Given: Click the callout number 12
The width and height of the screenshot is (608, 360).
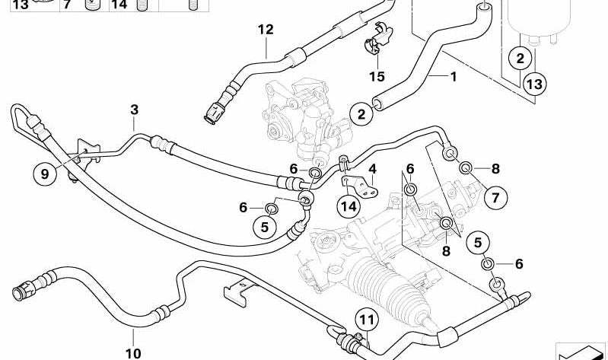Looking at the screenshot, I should tap(265, 30).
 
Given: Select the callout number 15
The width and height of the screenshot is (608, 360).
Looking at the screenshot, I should tap(377, 77).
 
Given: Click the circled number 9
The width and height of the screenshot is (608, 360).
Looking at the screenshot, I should tap(44, 174).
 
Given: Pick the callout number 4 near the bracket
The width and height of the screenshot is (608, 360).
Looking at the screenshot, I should tap(372, 168).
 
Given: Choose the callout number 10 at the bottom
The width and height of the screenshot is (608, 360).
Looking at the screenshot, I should tap(132, 353).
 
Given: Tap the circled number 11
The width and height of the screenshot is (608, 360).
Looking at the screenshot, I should tap(368, 320).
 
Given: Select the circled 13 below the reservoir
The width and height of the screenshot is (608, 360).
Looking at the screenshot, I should tap(534, 82).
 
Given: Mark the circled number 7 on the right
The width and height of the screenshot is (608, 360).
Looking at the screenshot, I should tap(495, 199).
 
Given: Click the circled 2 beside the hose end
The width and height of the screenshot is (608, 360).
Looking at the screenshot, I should tap(360, 114).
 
